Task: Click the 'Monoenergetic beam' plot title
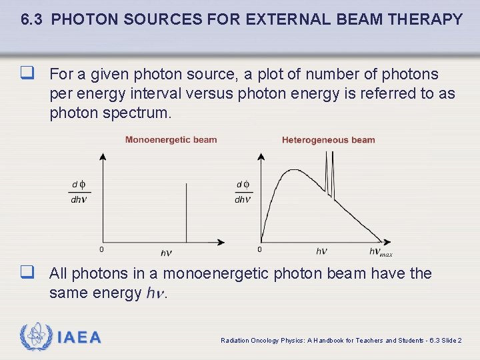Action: tap(171, 140)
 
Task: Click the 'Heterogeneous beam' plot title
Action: tap(328, 140)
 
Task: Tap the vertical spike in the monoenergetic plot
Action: tap(186, 213)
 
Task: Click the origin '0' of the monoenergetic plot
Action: tap(101, 250)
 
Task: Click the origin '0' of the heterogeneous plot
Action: tap(259, 250)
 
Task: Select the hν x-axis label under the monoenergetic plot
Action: tap(166, 252)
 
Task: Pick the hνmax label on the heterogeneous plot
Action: tap(381, 252)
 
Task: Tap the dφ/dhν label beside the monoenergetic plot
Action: tap(79, 192)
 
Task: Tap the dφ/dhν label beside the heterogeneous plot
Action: tap(243, 192)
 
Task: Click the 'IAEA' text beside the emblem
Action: tap(79, 337)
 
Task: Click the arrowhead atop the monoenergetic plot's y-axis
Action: tap(102, 156)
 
